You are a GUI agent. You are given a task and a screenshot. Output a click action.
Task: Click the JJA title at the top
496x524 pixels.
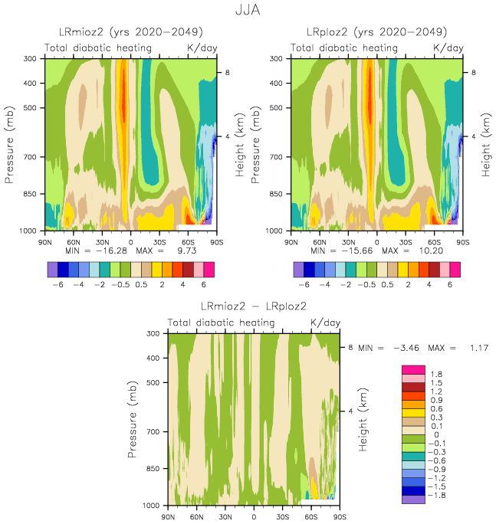coord(247,11)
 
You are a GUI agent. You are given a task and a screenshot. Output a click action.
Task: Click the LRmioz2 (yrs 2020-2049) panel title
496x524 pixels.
coord(131,32)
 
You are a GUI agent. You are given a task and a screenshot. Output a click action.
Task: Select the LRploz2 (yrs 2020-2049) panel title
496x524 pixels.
coord(376,32)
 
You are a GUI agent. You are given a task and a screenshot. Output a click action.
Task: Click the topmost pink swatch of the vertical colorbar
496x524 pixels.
coord(412,369)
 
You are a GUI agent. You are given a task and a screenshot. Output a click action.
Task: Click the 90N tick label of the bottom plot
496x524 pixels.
coord(167,516)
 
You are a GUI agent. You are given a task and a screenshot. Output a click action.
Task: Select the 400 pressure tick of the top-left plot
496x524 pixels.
coord(32,83)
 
